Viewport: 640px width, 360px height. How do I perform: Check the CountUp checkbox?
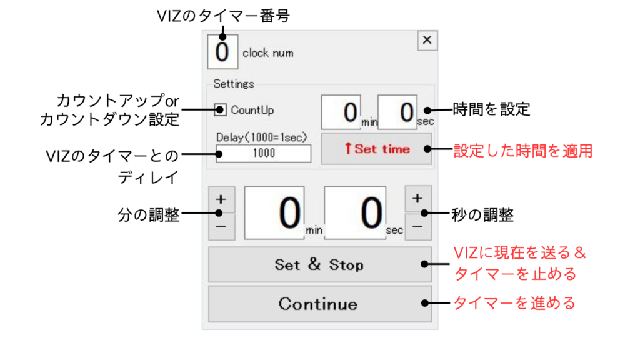tap(221, 110)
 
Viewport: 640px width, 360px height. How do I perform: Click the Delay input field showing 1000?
tap(263, 153)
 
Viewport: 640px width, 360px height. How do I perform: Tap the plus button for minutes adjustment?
tap(221, 200)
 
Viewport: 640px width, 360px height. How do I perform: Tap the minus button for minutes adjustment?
tap(221, 228)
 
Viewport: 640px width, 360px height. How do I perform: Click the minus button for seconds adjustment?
tap(418, 227)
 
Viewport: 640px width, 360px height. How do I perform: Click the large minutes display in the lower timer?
tap(274, 213)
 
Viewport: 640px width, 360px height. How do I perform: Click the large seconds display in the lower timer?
tap(355, 213)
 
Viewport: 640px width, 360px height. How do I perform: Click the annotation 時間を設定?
tap(491, 110)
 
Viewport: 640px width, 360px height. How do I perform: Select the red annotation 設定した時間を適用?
tap(522, 151)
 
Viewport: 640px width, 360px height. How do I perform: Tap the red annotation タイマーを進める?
tap(514, 304)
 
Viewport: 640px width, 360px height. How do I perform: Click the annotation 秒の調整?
tap(482, 216)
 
